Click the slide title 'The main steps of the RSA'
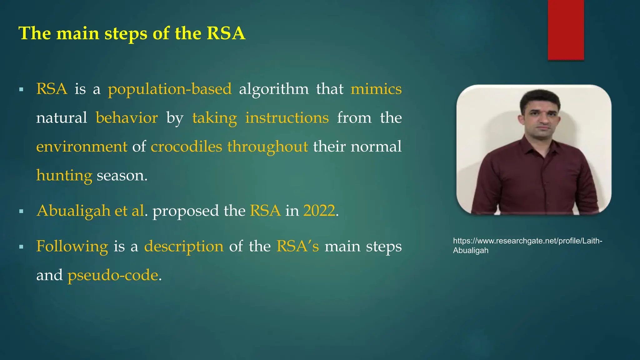tap(132, 33)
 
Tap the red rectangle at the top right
tap(566, 30)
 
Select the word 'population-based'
tap(170, 89)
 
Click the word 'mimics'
tap(376, 89)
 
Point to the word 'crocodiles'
tap(186, 147)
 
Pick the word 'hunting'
tap(64, 175)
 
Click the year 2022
tap(319, 211)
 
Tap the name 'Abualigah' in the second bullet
tap(73, 211)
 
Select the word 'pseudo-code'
tap(113, 275)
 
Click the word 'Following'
tap(72, 247)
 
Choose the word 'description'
tap(184, 247)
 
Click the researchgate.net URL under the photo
tap(527, 245)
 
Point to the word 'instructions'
tap(287, 118)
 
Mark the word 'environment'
tap(82, 147)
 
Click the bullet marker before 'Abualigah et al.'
tap(21, 212)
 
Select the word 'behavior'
tap(127, 118)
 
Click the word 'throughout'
tap(267, 147)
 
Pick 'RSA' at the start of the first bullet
tap(52, 89)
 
